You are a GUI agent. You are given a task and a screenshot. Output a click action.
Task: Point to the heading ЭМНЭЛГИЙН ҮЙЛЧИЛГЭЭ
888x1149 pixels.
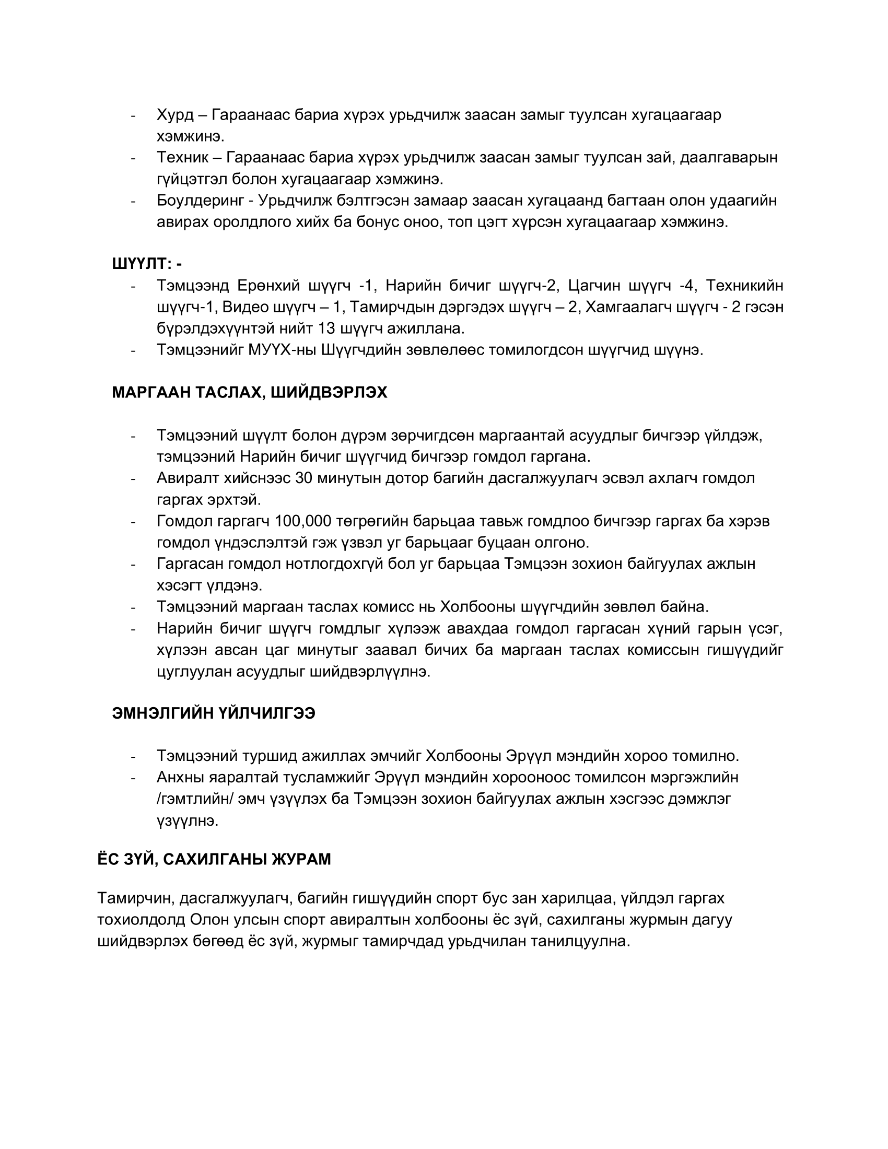tap(214, 713)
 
